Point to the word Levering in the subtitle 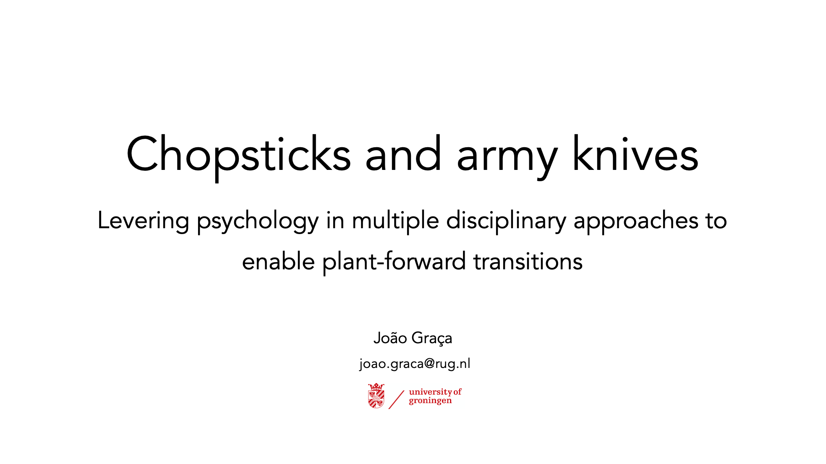pos(143,221)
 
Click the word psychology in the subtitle pos(258,222)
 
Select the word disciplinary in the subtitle pos(506,221)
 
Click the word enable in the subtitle pos(279,261)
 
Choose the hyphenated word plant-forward pos(394,262)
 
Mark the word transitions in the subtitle pos(528,261)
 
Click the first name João pos(390,338)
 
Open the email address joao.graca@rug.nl pos(415,363)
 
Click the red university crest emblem pos(376,396)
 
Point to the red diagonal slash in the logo pos(396,399)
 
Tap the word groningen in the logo pos(430,401)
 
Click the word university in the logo pos(430,392)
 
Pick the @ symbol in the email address pos(429,363)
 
